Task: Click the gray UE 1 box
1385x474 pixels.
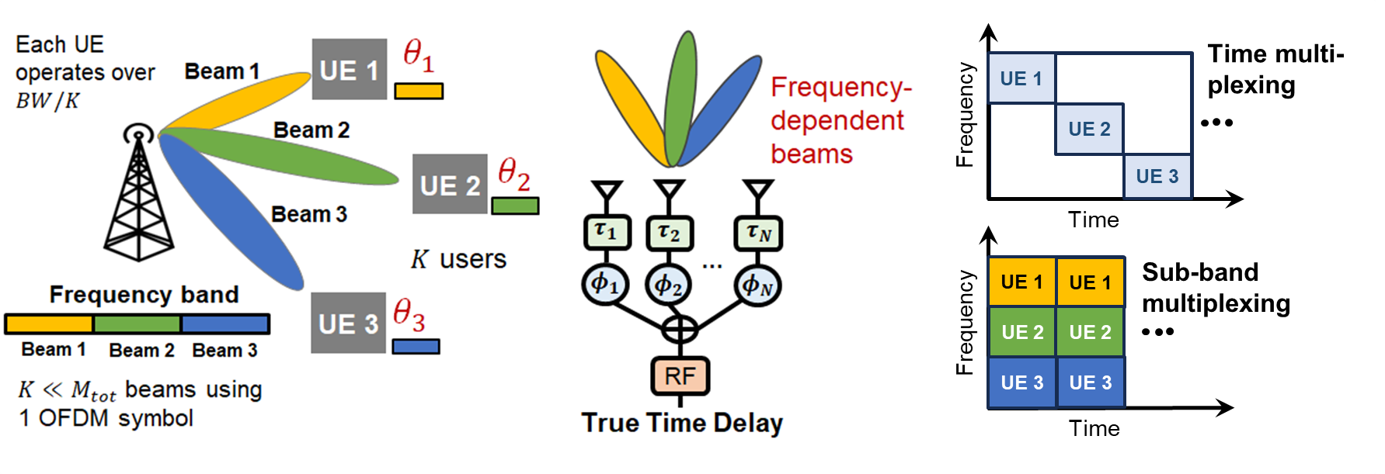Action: click(x=350, y=70)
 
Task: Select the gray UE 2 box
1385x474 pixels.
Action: click(x=450, y=185)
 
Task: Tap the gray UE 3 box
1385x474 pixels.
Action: click(x=348, y=323)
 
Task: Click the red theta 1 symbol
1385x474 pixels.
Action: click(x=418, y=56)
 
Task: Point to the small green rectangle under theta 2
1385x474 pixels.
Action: click(x=515, y=206)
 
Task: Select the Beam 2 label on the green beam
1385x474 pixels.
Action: click(x=311, y=130)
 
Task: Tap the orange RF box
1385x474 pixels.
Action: click(x=680, y=376)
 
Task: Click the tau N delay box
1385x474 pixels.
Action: click(x=758, y=233)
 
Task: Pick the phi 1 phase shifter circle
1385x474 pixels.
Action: click(x=605, y=285)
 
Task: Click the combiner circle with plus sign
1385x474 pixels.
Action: click(x=680, y=329)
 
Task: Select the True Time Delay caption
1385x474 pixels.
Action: click(x=682, y=424)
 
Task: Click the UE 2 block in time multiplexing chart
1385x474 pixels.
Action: click(x=1089, y=129)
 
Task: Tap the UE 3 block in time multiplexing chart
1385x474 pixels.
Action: click(x=1157, y=176)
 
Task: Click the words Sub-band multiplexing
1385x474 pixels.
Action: click(x=1215, y=288)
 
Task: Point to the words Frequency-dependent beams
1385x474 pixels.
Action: click(x=839, y=120)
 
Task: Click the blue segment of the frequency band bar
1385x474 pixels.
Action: click(x=224, y=323)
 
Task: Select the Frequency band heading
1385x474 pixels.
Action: click(x=144, y=295)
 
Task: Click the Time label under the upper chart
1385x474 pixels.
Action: click(x=1093, y=220)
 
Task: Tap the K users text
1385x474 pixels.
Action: click(x=458, y=259)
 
